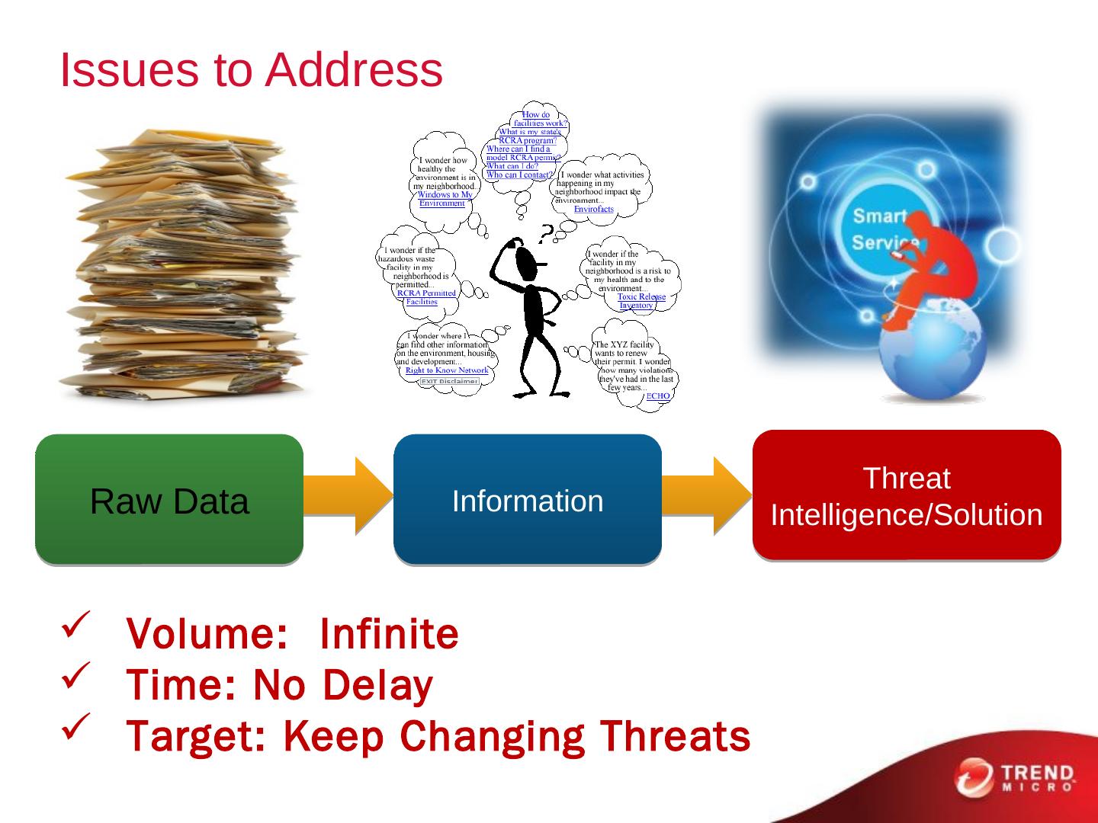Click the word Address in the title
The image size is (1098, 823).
[x=354, y=70]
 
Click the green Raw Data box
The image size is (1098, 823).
[x=169, y=500]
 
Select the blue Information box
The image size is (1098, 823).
[x=528, y=500]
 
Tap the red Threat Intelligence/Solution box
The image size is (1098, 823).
[x=907, y=495]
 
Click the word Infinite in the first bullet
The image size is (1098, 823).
[x=389, y=634]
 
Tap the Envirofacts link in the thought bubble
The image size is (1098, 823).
[x=593, y=209]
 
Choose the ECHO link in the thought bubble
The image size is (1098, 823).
[x=658, y=395]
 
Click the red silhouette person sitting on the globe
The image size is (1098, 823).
[x=923, y=267]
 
